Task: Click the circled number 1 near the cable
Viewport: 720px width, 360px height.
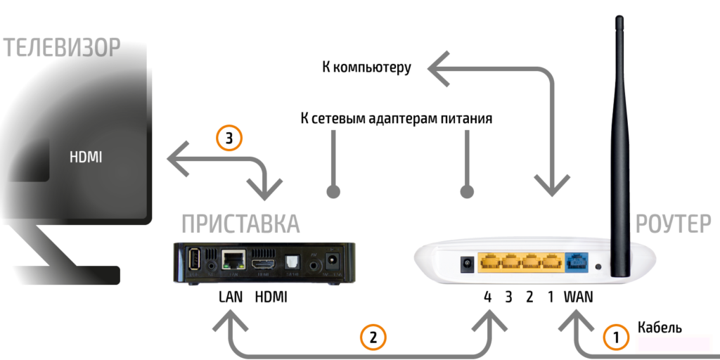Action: pyautogui.click(x=616, y=337)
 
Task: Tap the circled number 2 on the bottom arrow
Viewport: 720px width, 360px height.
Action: pyautogui.click(x=373, y=337)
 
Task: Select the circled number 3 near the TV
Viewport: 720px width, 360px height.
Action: pyautogui.click(x=229, y=139)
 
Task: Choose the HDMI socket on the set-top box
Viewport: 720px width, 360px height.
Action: pyautogui.click(x=265, y=262)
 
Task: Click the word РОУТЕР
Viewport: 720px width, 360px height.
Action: pyautogui.click(x=673, y=224)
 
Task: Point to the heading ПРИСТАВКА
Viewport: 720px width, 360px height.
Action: pyautogui.click(x=240, y=224)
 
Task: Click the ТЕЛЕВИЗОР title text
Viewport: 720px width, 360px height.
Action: pyautogui.click(x=62, y=48)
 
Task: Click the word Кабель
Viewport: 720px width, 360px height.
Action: pyautogui.click(x=660, y=328)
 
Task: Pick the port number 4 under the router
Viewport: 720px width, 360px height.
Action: pyautogui.click(x=487, y=297)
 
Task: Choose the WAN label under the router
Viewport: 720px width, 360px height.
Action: pyautogui.click(x=578, y=297)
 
